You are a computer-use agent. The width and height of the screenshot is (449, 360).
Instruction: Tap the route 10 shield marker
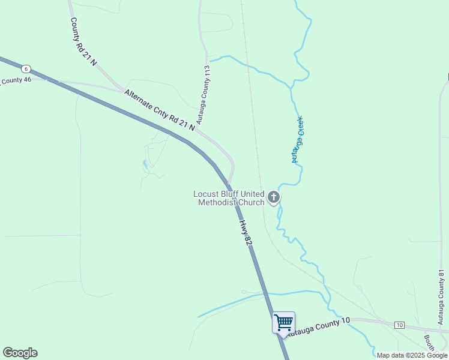pos(400,325)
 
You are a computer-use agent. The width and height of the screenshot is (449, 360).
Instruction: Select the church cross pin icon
pos(274,197)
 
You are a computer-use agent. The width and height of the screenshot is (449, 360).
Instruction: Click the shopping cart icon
pos(283,322)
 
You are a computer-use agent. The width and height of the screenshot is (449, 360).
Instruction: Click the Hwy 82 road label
pos(244,232)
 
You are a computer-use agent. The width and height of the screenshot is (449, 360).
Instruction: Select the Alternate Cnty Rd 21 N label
pos(160,110)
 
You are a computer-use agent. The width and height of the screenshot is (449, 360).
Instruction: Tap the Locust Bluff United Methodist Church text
pos(229,198)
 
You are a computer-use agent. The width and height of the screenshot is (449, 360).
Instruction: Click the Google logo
pos(20,353)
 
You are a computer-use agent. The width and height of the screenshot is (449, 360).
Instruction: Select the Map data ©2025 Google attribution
pos(412,355)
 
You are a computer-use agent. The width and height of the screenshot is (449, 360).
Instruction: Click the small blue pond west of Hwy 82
pos(144,164)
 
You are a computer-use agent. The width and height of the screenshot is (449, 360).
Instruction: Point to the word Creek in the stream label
pos(300,128)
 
